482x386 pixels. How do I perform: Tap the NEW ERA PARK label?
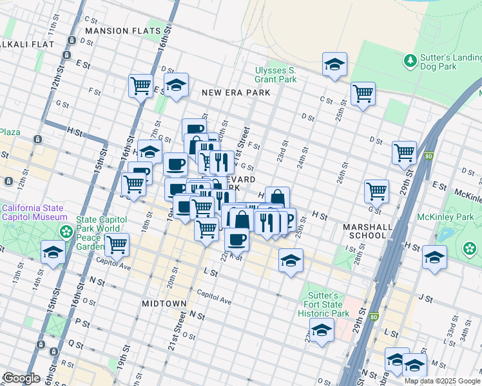pyautogui.click(x=235, y=93)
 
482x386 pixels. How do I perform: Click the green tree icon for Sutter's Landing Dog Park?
pyautogui.click(x=409, y=60)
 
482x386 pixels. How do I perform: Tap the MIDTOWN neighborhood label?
pyautogui.click(x=164, y=303)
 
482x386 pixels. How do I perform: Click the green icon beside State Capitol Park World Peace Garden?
pyautogui.click(x=65, y=231)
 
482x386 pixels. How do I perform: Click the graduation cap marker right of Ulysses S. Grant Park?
pyautogui.click(x=334, y=64)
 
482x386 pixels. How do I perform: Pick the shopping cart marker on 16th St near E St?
pyautogui.click(x=141, y=86)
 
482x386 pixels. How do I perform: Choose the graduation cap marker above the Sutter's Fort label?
pyautogui.click(x=291, y=261)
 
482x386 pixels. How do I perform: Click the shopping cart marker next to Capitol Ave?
pyautogui.click(x=117, y=244)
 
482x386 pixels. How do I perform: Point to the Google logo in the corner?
pyautogui.click(x=21, y=378)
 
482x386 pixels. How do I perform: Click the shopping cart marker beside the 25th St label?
pyautogui.click(x=363, y=93)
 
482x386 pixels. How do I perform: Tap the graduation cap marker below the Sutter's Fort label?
pyautogui.click(x=322, y=331)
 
